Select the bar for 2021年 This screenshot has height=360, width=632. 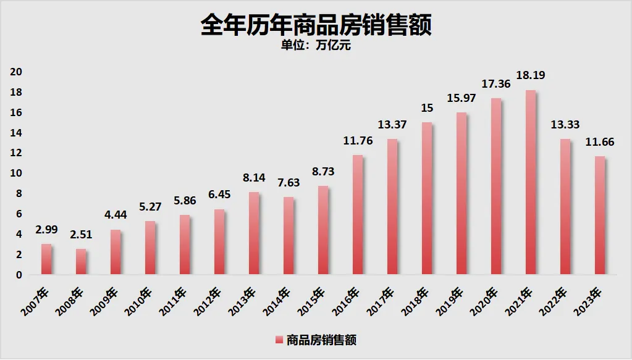pos(529,183)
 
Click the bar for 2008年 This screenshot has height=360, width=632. pos(81,262)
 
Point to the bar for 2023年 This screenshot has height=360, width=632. pos(599,216)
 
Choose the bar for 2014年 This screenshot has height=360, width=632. pos(289,236)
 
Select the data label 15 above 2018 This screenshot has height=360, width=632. pos(427,108)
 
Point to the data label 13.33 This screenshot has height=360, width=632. pos(565,125)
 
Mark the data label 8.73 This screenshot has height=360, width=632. pos(323,172)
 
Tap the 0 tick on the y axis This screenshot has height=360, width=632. pos(19,275)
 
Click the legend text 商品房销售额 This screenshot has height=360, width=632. pos(321,339)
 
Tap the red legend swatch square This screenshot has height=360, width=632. pos(279,340)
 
